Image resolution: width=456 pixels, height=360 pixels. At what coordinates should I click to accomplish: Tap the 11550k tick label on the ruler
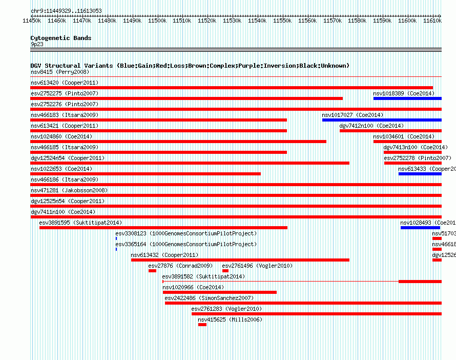(282, 21)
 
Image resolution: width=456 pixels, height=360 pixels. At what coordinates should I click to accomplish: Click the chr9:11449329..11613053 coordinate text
(66, 11)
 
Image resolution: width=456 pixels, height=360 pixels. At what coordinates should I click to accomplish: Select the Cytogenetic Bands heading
(60, 38)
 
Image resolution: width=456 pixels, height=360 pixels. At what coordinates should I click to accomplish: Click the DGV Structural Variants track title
(190, 66)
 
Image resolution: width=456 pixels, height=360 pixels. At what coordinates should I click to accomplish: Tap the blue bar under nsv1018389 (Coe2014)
(407, 98)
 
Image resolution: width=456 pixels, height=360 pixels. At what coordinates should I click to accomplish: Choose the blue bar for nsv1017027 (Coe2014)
(381, 120)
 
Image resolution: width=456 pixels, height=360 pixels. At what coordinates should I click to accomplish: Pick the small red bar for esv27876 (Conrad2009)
(152, 271)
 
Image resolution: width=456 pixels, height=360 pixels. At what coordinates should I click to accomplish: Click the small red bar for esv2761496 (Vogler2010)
(225, 271)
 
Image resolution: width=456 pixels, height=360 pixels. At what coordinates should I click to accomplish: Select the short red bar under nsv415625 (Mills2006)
(202, 325)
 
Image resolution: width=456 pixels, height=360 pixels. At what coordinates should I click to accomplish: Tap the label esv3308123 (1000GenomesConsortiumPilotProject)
(186, 233)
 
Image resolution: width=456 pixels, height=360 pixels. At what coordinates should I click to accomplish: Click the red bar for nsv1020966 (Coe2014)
(219, 292)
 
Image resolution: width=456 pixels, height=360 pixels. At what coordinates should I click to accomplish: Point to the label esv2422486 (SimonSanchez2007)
(209, 298)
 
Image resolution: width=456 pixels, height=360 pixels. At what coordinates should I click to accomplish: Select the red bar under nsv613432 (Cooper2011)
(240, 260)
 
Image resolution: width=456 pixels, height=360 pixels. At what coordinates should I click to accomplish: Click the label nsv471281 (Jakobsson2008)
(69, 190)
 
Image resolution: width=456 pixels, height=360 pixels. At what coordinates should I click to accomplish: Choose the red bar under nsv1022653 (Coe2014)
(146, 174)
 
